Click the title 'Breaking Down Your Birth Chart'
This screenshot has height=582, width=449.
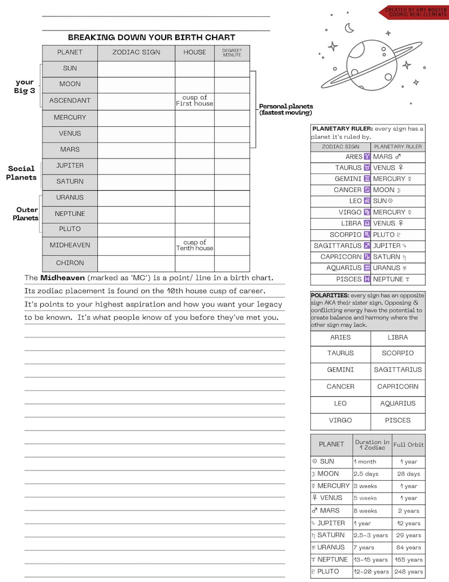(x=152, y=37)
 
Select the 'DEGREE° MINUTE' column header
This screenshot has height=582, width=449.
(x=232, y=53)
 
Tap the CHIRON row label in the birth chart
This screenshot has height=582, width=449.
(x=70, y=263)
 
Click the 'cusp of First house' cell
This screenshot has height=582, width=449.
(x=195, y=101)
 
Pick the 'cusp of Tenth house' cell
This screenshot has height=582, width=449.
(x=195, y=245)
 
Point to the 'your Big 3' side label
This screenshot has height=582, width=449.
(x=25, y=86)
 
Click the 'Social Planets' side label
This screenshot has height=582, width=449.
(x=21, y=173)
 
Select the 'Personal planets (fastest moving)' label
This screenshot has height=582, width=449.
(x=286, y=109)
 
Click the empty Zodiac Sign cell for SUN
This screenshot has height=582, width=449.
(x=136, y=69)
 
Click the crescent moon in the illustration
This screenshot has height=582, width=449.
(x=349, y=27)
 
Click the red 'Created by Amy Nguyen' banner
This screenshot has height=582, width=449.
(x=414, y=12)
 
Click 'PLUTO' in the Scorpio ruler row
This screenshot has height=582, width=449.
(x=384, y=234)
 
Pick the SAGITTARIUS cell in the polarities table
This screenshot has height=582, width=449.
(x=398, y=370)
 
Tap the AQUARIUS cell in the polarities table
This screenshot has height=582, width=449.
(x=398, y=404)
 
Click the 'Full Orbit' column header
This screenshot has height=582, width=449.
(x=408, y=444)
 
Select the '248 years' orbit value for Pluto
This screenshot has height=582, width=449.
(x=408, y=572)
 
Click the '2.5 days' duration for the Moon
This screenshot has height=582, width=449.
(x=366, y=474)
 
